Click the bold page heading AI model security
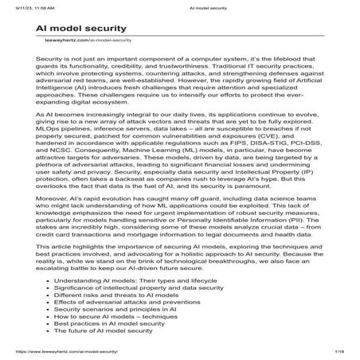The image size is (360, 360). [x=84, y=27]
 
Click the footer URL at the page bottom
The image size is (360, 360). [x=61, y=351]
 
